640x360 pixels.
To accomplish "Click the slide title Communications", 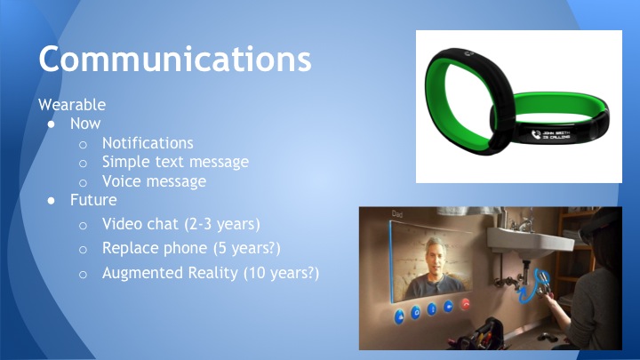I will [x=174, y=58].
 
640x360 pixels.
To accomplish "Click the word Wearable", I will [x=72, y=104].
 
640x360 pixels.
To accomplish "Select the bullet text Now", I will [x=85, y=124].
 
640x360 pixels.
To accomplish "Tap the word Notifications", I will [x=148, y=142].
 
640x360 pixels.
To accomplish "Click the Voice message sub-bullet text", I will [x=154, y=181].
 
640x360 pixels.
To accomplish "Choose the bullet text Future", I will [x=93, y=200].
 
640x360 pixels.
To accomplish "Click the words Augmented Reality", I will [x=170, y=273].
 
